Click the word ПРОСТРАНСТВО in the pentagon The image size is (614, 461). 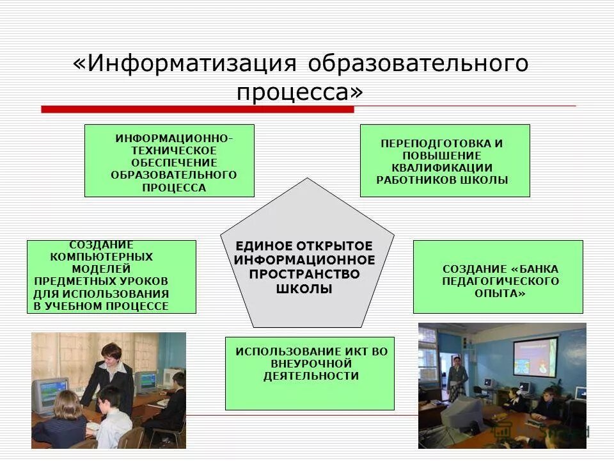304,274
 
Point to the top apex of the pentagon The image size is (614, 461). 308,179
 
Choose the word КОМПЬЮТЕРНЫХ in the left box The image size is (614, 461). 102,256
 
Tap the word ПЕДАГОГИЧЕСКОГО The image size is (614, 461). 500,280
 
